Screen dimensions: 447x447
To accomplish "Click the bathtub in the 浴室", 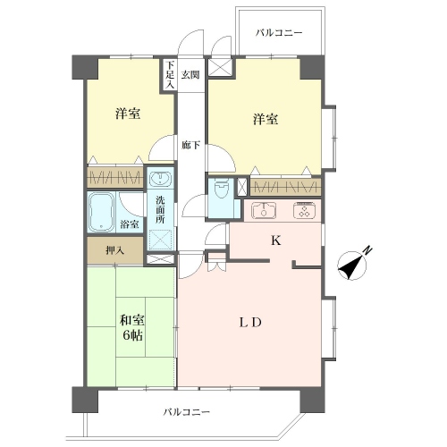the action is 101,213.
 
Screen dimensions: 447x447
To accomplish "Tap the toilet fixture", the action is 221,190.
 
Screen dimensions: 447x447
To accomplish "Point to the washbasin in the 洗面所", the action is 160,179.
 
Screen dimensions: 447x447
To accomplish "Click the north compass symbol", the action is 354,264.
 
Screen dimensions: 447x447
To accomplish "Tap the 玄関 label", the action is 190,75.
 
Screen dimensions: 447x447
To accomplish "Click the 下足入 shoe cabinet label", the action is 170,74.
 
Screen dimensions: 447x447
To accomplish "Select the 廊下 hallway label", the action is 190,146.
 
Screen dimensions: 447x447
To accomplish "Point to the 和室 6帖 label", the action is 132,328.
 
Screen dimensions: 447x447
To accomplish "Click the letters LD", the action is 250,323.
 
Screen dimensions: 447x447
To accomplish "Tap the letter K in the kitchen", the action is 276,240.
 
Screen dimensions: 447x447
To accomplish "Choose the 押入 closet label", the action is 115,250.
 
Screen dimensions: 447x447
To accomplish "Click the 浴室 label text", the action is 130,224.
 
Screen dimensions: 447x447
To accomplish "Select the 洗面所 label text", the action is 160,210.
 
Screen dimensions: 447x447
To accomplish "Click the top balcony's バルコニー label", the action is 279,32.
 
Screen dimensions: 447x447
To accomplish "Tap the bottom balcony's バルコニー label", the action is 187,412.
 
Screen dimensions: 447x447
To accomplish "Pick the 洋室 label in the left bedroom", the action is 128,114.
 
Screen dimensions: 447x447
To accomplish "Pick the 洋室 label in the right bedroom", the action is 266,119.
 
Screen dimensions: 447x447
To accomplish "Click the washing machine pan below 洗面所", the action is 160,240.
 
